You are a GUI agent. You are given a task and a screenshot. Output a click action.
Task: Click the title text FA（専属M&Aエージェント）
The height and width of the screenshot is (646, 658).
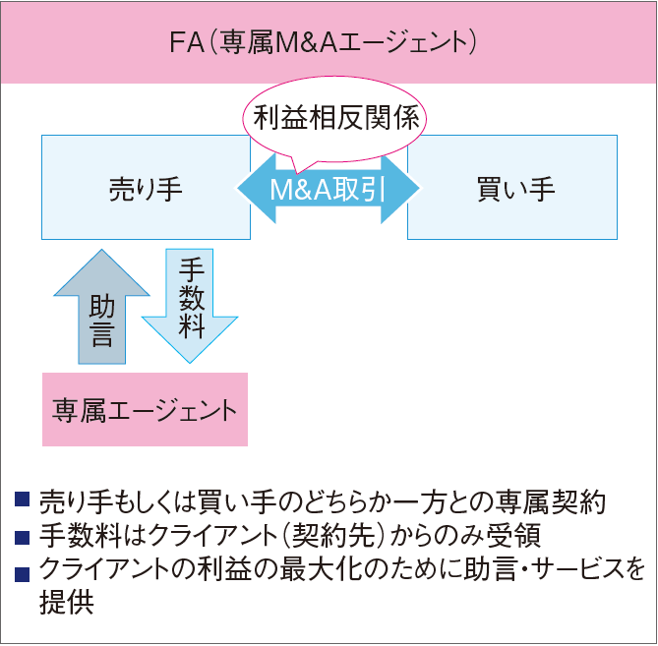323,43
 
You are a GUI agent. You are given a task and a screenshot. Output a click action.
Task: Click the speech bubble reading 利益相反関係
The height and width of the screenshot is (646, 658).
334,120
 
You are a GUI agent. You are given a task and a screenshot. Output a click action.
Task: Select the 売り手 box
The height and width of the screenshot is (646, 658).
146,188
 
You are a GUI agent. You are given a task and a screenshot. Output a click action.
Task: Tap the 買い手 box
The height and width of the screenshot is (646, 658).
512,188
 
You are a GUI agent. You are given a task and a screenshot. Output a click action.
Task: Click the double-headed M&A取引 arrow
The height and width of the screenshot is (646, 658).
329,189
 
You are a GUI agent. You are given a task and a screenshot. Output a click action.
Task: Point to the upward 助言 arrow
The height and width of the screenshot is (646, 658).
101,307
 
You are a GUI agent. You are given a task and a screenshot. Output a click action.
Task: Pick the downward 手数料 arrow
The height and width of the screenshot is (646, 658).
190,306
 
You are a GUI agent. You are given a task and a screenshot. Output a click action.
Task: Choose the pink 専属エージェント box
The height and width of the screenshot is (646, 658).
145,409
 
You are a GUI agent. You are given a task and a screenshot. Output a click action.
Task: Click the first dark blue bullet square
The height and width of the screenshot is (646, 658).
22,499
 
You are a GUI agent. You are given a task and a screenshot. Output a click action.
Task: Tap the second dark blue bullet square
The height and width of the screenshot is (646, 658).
22,538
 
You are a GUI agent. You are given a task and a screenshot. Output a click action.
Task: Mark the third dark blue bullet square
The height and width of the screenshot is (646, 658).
22,574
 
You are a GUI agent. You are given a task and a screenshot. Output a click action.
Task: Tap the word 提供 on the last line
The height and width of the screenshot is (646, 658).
66,603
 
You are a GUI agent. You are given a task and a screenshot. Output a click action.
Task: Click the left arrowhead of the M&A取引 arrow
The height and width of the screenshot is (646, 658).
257,189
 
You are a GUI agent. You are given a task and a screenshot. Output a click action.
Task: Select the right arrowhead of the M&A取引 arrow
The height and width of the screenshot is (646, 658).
400,189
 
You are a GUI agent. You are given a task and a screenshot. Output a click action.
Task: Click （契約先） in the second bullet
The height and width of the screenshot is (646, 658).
333,536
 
